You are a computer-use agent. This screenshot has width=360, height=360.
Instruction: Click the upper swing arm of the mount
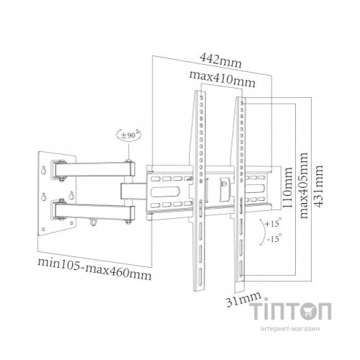[x=97, y=170]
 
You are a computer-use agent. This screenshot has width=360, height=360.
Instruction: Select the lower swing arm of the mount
[x=97, y=212]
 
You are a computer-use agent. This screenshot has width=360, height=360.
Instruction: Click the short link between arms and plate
[x=134, y=191]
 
